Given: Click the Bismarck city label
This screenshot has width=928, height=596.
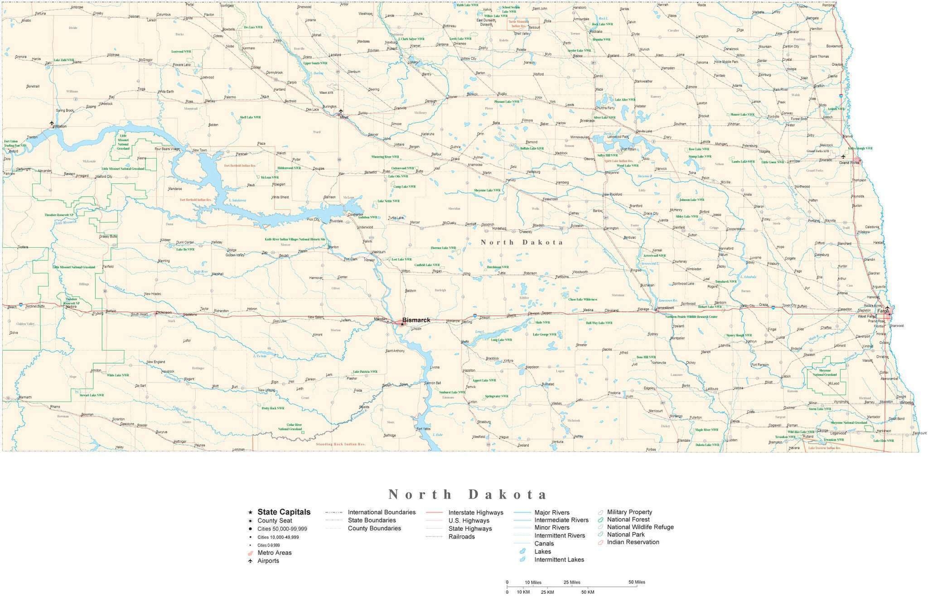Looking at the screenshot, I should (416, 320).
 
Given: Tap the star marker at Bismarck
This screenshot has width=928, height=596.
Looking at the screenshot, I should (402, 324).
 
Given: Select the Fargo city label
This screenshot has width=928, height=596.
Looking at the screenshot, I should (883, 312).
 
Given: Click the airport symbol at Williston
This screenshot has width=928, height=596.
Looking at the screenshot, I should (52, 123).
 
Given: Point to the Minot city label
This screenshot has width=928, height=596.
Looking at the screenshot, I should (344, 117).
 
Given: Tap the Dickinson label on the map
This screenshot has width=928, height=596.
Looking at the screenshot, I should (164, 312).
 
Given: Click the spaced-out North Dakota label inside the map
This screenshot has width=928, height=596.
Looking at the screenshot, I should (522, 242).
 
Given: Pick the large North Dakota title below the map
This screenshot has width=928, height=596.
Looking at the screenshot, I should (468, 494).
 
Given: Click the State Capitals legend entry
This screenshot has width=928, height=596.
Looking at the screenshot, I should (284, 512).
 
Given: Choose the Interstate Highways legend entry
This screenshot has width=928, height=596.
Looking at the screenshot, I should (475, 513).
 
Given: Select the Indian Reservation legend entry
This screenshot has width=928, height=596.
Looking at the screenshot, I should (633, 542).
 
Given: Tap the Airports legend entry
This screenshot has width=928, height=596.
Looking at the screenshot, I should (268, 561).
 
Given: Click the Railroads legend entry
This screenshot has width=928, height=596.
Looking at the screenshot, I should (461, 537).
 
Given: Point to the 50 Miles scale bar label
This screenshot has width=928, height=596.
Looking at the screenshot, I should (637, 582).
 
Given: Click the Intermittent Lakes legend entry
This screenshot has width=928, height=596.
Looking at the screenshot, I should (559, 559).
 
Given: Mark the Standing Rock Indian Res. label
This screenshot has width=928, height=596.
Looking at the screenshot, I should (340, 444).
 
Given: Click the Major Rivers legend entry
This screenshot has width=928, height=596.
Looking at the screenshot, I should (551, 513).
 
